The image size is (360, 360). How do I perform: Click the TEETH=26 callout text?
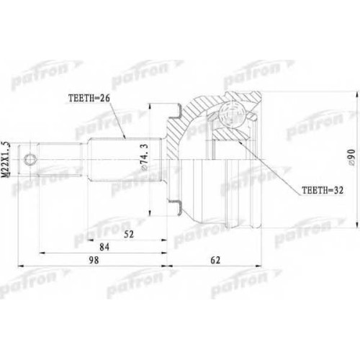click(89, 99)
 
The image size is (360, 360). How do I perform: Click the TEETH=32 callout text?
click(323, 190)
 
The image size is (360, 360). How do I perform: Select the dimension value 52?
click(129, 234)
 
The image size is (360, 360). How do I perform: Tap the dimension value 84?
click(104, 247)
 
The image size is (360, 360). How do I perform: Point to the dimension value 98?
click(94, 260)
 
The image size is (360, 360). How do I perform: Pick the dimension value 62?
click(215, 260)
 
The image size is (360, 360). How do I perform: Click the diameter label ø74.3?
click(145, 158)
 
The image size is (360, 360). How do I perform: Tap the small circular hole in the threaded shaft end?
click(30, 159)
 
